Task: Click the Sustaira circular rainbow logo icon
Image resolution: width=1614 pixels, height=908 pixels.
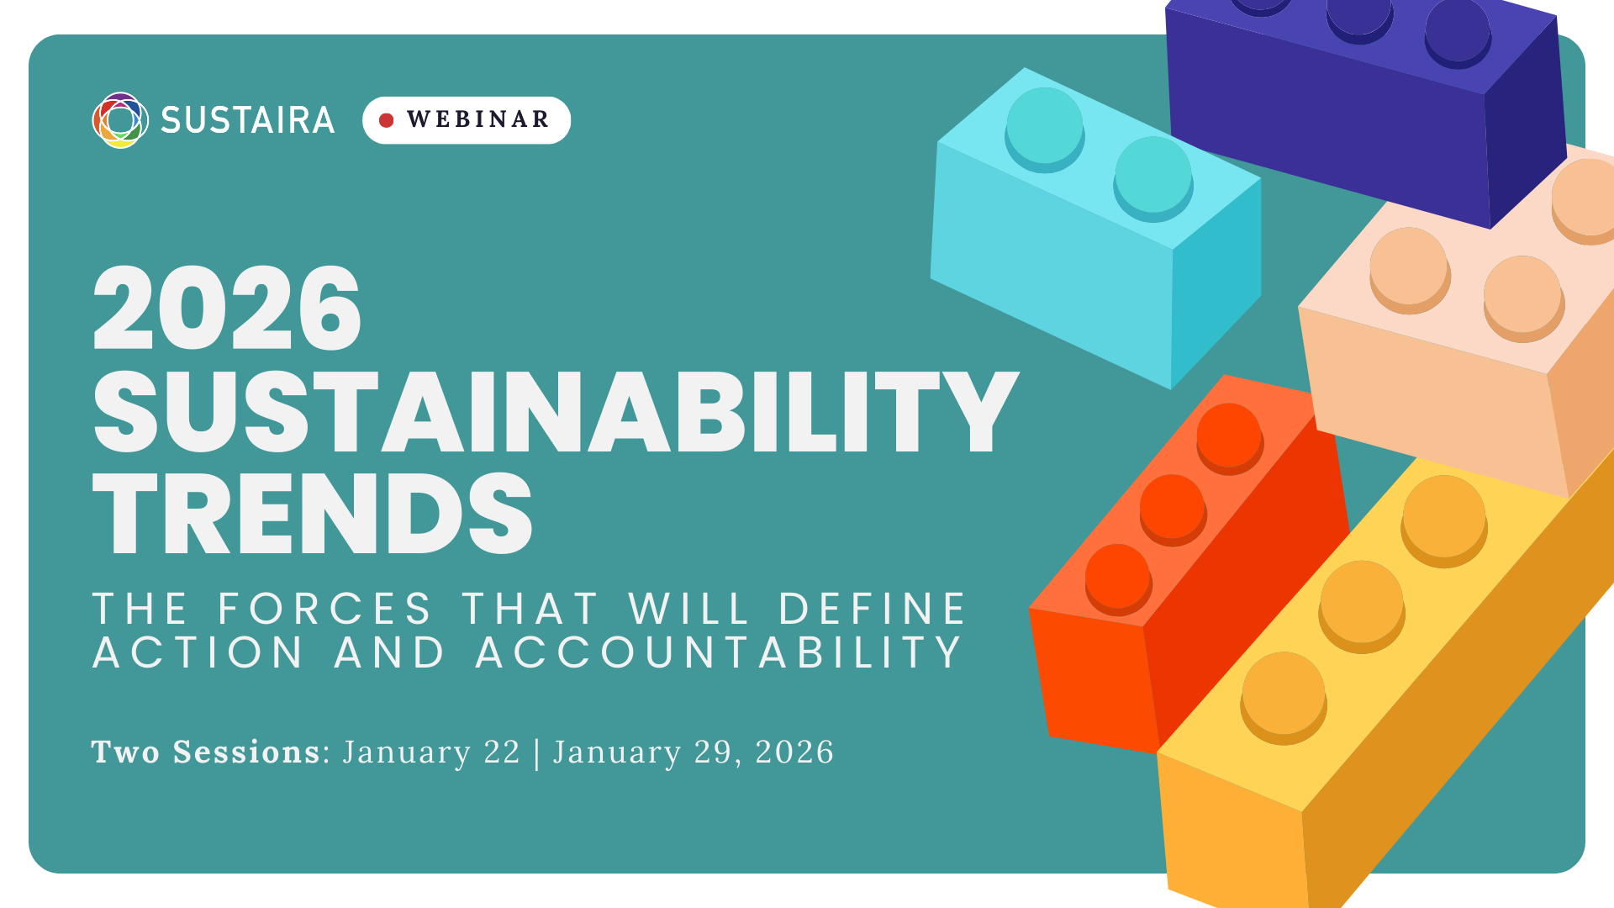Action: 120,120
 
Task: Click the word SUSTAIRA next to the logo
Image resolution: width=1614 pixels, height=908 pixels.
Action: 248,120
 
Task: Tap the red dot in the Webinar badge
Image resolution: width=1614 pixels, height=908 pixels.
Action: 387,120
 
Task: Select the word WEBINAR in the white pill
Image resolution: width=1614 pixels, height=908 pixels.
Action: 478,120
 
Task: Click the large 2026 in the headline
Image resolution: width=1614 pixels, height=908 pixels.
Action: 227,309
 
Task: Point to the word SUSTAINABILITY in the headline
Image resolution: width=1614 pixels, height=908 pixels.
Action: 555,412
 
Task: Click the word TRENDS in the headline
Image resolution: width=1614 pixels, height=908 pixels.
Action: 313,514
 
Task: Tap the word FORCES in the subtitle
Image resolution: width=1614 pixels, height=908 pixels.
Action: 325,609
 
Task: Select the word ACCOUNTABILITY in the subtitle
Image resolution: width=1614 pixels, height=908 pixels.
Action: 720,652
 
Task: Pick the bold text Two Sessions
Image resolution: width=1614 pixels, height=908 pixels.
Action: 206,752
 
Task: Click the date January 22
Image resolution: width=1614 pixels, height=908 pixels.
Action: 432,752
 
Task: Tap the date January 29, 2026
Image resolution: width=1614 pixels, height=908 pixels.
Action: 694,752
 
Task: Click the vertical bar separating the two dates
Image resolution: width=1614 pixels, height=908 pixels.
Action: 537,752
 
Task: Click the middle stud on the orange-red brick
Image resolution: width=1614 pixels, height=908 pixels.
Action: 1173,506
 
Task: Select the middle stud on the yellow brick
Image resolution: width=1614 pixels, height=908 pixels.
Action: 1361,602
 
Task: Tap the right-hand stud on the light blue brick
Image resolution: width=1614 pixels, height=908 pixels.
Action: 1152,174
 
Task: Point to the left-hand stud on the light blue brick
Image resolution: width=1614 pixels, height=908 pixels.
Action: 1044,125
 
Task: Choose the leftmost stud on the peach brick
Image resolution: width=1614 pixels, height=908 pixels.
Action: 1409,266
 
